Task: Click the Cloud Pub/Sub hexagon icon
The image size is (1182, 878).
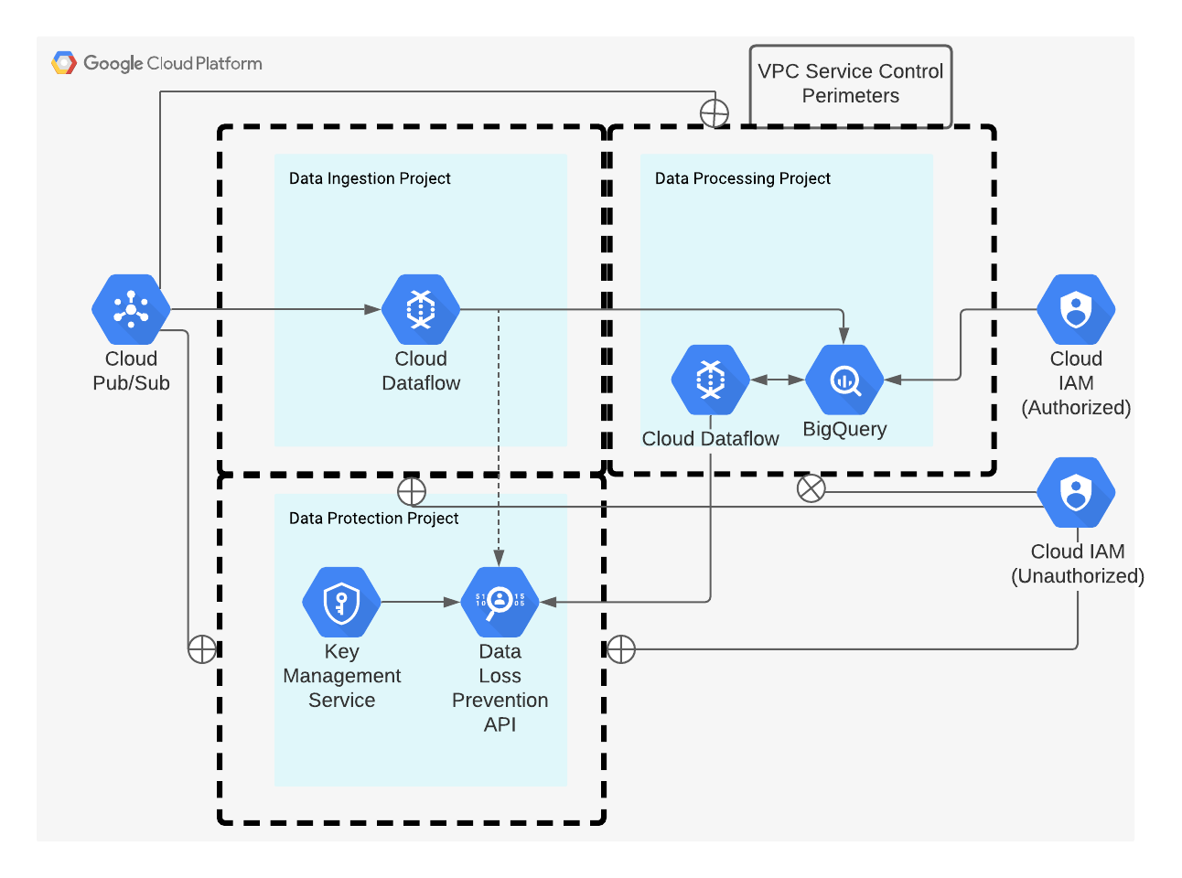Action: [131, 310]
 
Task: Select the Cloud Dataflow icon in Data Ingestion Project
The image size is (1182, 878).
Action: [421, 309]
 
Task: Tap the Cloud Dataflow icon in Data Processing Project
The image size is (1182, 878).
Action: [710, 380]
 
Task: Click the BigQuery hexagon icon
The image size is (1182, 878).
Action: [844, 380]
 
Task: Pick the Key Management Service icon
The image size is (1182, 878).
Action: [341, 602]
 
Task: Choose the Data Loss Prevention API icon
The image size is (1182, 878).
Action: [500, 602]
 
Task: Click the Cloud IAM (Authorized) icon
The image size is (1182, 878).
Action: [1076, 310]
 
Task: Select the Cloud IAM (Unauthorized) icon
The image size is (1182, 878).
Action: [1076, 493]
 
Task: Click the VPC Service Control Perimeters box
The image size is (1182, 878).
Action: [851, 84]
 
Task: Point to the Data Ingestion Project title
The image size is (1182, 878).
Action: [370, 178]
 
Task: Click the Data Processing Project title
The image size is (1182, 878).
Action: [742, 178]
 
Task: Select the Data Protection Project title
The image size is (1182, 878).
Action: [373, 519]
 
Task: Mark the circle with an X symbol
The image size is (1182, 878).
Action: [811, 488]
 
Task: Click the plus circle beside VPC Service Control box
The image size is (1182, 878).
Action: [715, 113]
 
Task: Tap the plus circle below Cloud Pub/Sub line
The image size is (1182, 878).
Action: [202, 649]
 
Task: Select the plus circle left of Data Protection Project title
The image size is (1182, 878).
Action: [412, 491]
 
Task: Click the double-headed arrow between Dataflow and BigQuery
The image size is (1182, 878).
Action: [778, 380]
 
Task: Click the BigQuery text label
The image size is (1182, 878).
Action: [844, 429]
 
